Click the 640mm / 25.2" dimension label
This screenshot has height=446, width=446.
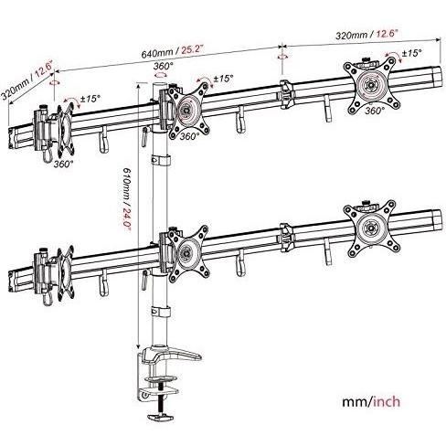173,51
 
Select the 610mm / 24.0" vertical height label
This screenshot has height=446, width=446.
126,199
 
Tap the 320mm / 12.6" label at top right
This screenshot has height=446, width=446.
366,34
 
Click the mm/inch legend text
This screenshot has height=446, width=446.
371,401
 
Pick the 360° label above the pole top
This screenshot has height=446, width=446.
163,66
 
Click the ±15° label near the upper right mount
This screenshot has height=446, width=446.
411,53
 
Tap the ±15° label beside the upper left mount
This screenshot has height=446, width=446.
90,99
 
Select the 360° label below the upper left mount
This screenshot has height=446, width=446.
64,164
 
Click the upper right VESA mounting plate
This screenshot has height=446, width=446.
371,85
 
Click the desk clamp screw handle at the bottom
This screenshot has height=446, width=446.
160,417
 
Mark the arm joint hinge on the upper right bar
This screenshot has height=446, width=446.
286,94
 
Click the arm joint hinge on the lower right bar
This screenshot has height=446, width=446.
286,238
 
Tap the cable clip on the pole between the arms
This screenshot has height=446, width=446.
161,160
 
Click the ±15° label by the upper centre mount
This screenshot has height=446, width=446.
224,79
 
